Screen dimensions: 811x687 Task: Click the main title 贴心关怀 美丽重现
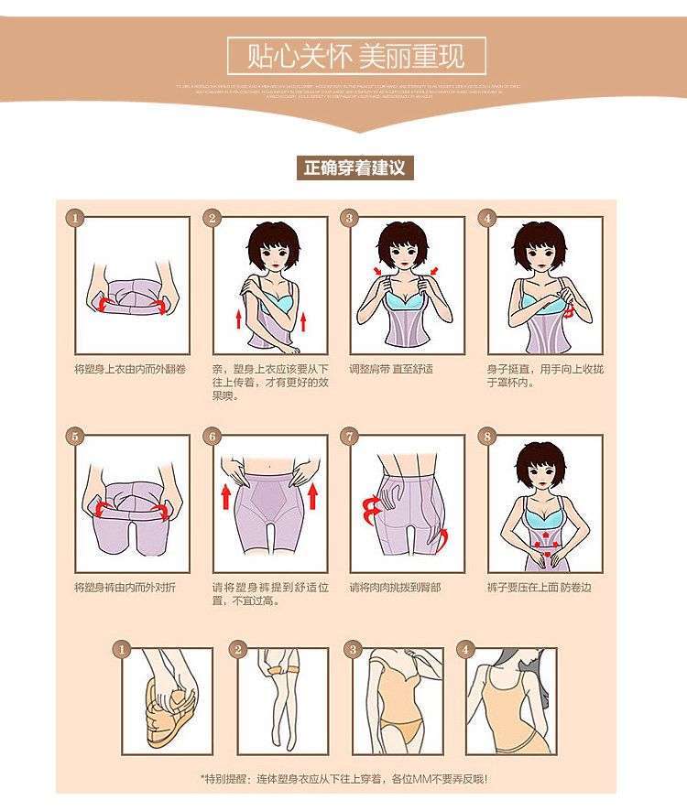(x=356, y=56)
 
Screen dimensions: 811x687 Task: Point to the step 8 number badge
(x=487, y=437)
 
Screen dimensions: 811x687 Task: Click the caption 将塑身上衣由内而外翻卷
(x=131, y=370)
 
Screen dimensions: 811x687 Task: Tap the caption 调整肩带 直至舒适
(x=391, y=370)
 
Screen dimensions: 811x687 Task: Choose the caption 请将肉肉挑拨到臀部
(x=395, y=587)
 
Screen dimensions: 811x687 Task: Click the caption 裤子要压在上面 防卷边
(x=539, y=587)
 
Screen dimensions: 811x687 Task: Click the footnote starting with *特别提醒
(x=343, y=779)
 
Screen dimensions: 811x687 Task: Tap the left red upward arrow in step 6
(x=226, y=497)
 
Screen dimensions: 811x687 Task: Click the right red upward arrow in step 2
(x=301, y=321)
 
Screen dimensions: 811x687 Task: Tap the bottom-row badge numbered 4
(x=467, y=649)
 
